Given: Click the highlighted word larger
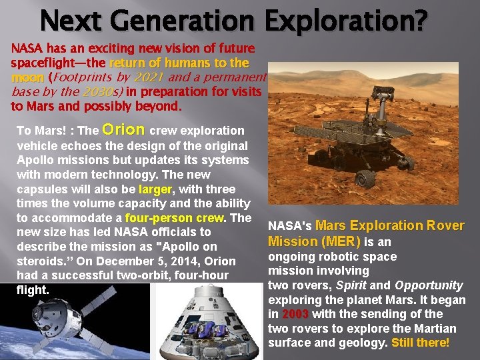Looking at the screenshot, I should (x=155, y=189).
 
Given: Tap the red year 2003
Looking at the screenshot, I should (x=295, y=314).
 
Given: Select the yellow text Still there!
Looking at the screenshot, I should (x=421, y=343).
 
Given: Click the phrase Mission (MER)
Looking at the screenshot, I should (x=314, y=241).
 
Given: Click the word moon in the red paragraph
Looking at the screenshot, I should (x=27, y=77).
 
